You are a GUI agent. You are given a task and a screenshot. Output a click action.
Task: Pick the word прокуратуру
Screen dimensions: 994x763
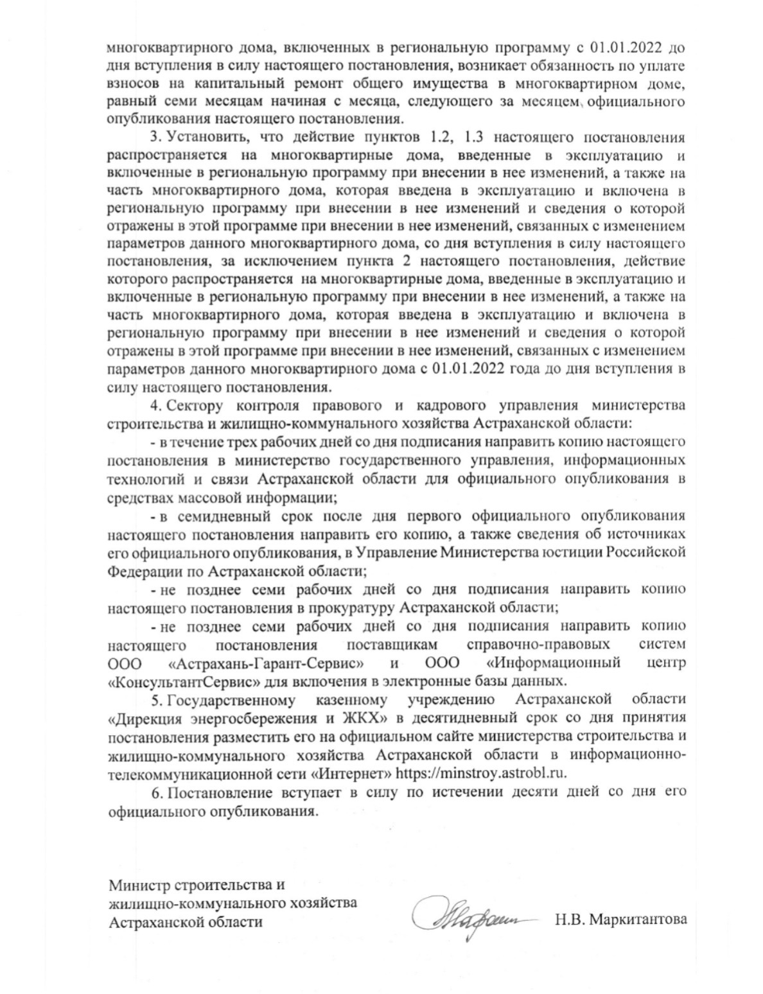point(352,607)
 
